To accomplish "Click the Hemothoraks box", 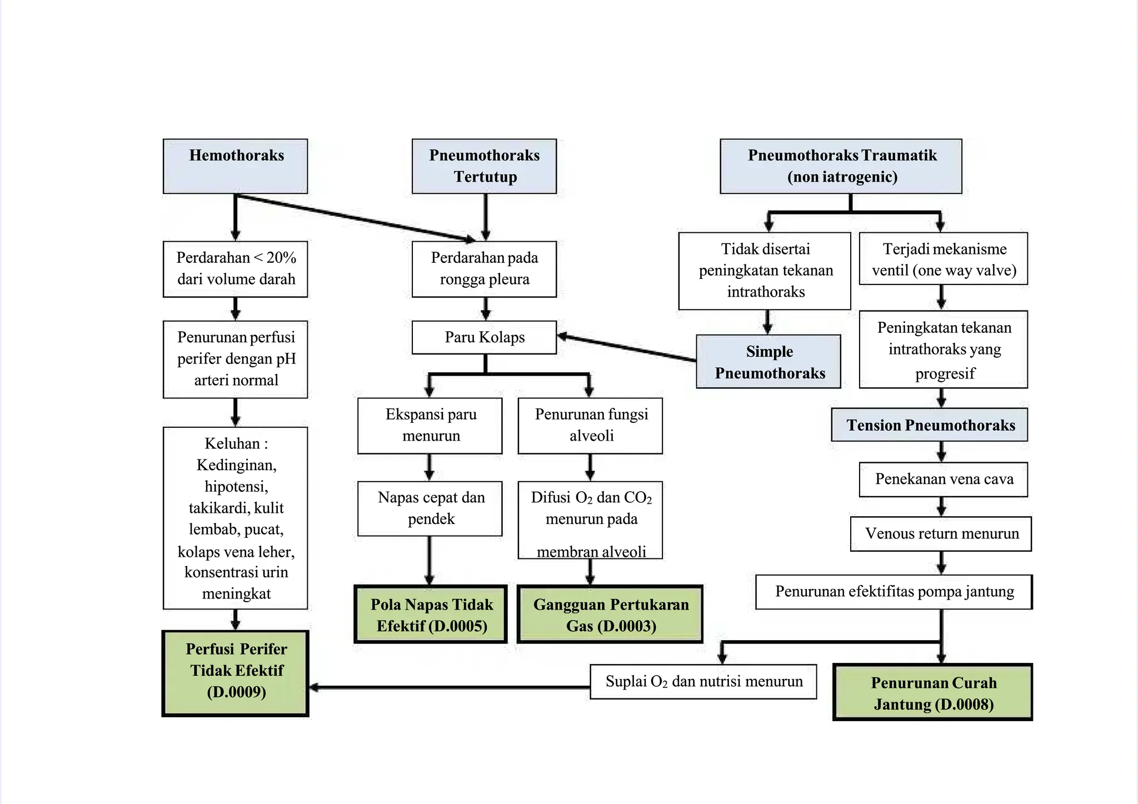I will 235,166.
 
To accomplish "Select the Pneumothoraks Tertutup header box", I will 484,166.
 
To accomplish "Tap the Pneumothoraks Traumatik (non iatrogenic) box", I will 841,166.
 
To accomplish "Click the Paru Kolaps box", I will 484,337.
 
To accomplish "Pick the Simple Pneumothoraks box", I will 768,362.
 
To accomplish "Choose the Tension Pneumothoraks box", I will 930,425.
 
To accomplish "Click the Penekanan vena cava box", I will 943,479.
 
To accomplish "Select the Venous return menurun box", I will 941,534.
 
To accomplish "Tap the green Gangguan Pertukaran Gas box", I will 610,615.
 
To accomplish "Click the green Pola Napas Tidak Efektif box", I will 431,615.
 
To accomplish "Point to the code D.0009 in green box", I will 237,692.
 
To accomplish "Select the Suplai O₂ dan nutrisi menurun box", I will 703,682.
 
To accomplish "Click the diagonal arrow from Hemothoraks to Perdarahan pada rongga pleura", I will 356,218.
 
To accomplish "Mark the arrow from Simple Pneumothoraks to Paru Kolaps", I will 628,348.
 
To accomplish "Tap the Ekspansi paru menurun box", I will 430,425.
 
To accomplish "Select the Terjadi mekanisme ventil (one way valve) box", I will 943,259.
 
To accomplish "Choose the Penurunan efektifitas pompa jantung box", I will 894,592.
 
